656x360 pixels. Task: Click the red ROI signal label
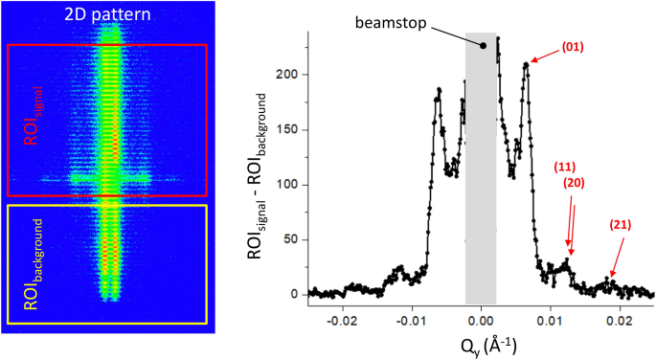point(31,120)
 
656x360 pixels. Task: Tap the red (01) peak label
point(572,45)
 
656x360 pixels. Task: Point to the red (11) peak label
point(567,167)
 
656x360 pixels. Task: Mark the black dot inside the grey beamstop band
point(484,45)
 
